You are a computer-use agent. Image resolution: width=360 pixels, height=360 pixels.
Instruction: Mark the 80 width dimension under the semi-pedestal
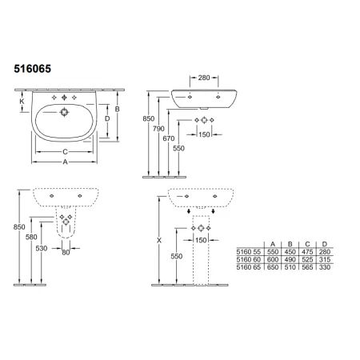[x=66, y=254]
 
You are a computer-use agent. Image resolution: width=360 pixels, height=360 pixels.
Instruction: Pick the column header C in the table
[x=309, y=242]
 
